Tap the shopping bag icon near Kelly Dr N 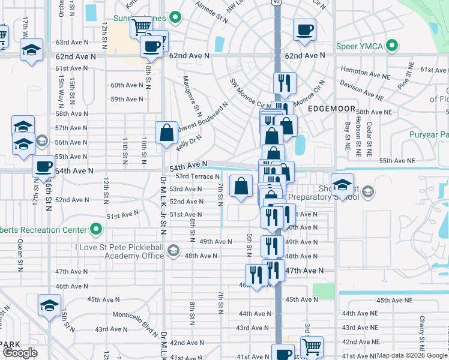click(167, 131)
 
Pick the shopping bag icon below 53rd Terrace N click(241, 185)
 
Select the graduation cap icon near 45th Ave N click(49, 304)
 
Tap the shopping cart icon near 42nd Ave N click(312, 346)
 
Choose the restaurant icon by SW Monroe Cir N click(283, 82)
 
